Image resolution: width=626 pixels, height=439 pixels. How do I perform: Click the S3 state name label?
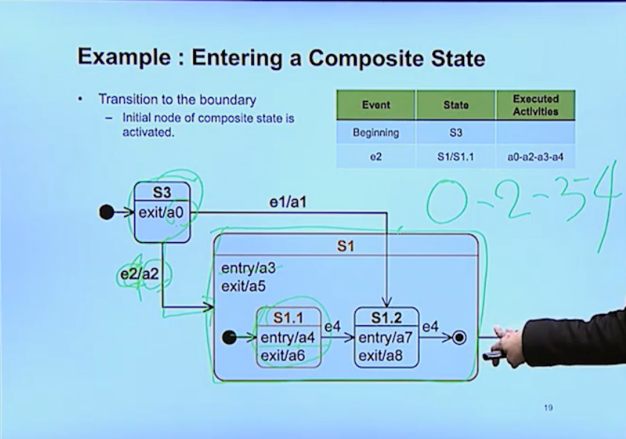[162, 193]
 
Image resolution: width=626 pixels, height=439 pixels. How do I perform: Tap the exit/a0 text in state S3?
[163, 212]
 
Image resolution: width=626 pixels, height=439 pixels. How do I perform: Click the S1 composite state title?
[345, 246]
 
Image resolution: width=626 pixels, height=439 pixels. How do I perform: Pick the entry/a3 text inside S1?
[247, 268]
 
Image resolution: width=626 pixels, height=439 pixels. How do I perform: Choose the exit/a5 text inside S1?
[242, 286]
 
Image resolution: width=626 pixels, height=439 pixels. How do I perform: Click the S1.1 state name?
[288, 318]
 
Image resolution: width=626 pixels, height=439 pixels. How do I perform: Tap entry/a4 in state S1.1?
[289, 338]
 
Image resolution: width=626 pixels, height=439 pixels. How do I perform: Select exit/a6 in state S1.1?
[283, 357]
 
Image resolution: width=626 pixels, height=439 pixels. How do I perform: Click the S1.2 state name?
[386, 318]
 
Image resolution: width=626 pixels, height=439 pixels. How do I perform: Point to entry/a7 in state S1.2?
[386, 338]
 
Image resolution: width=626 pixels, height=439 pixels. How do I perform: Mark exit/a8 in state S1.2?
[381, 357]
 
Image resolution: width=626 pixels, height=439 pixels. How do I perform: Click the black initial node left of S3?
[106, 212]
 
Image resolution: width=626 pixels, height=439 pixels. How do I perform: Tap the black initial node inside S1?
[229, 338]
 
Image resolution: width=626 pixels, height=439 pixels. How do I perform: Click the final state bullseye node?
[459, 338]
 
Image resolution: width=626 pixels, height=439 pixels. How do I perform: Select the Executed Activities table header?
[535, 105]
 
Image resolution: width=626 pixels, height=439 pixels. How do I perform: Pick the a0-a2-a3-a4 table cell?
[535, 157]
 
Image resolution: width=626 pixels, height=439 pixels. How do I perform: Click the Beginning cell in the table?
[376, 133]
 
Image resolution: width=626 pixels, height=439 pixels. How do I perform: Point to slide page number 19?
[548, 408]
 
